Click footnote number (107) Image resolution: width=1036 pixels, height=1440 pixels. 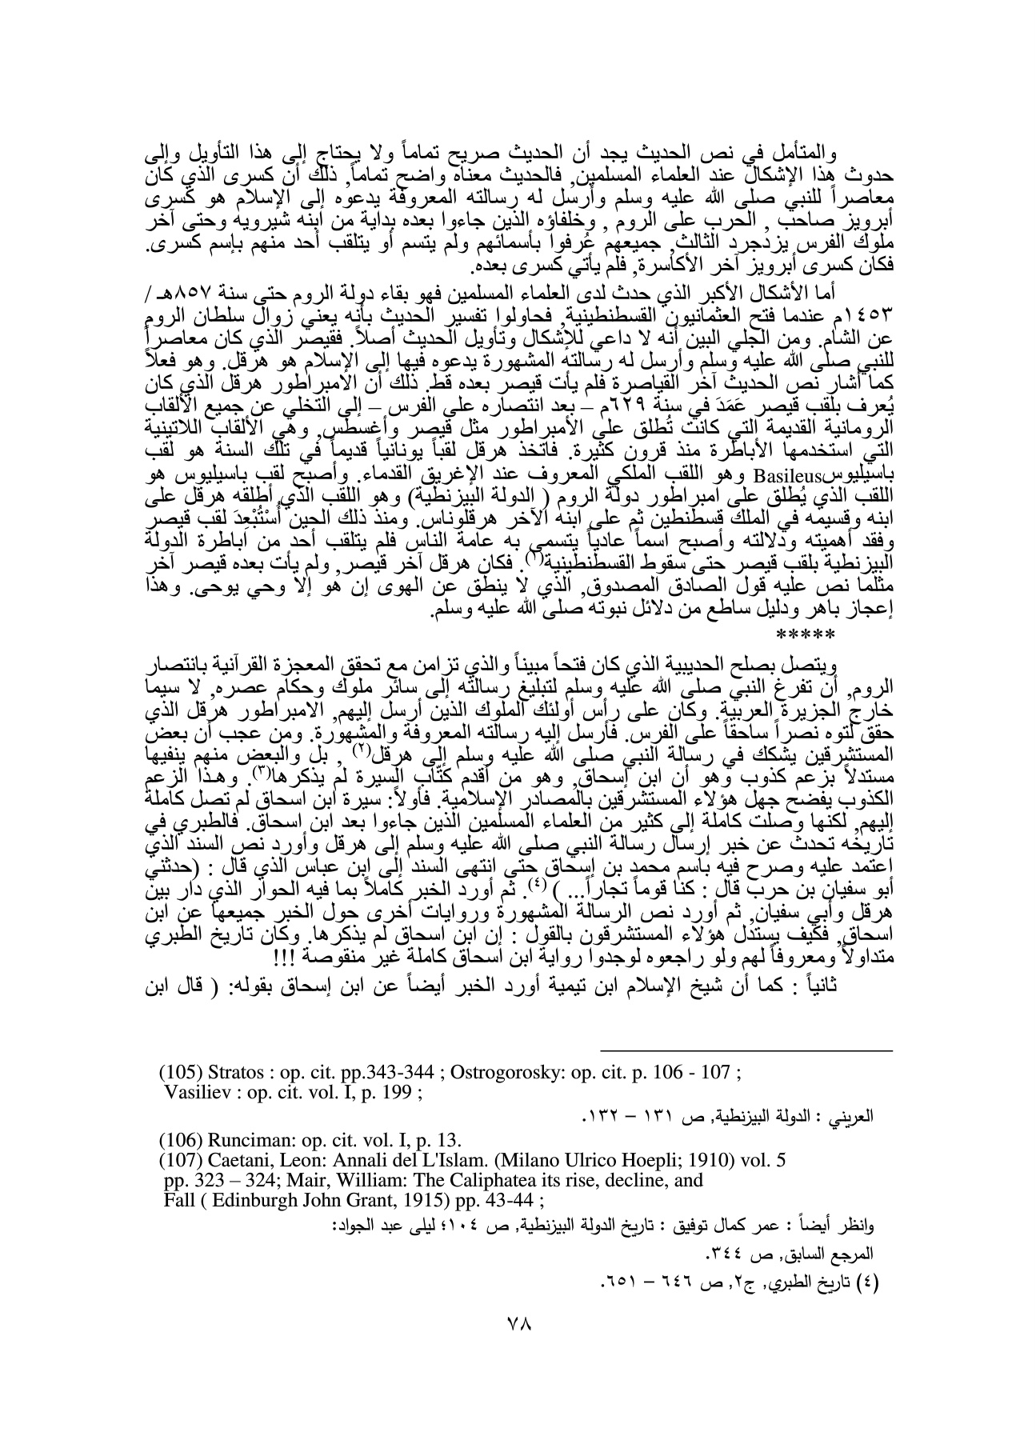tap(181, 1177)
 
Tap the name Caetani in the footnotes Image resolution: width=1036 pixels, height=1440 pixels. tap(236, 1177)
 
